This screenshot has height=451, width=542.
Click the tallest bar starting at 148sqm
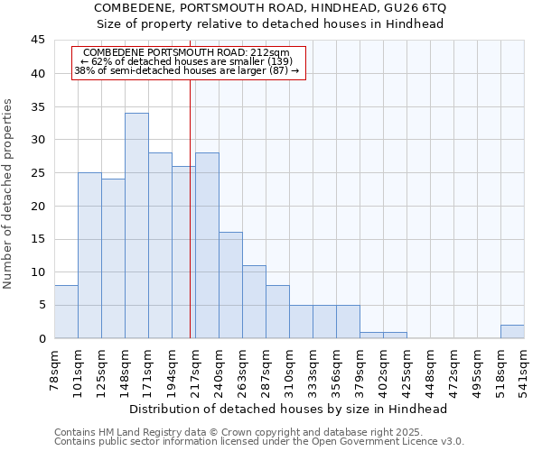coord(136,225)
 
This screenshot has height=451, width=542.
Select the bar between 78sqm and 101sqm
coord(66,311)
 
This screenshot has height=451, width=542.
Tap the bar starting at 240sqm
coord(230,285)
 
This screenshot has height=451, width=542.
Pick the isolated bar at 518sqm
coord(512,331)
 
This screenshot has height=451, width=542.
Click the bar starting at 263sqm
coord(254,301)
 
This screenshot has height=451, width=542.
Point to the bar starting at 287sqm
coord(277,311)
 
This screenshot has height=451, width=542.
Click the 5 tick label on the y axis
coord(41,305)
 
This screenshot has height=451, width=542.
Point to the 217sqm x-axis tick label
coord(196,370)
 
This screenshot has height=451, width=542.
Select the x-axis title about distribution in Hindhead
coord(288,409)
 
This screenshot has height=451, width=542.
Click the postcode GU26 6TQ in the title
coord(414,7)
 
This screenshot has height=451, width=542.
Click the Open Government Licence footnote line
coord(259,441)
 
